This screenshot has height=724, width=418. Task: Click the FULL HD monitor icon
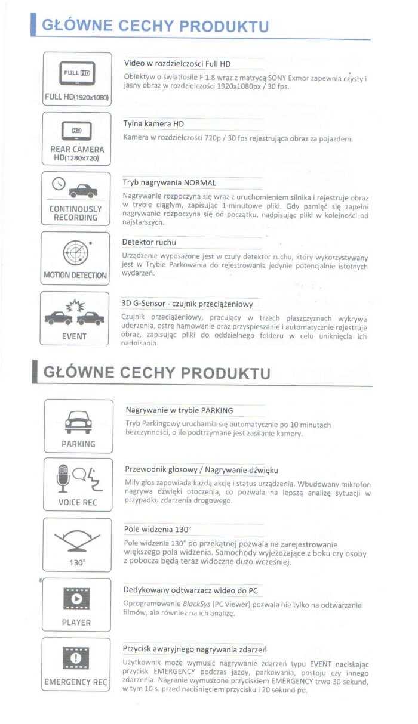[x=76, y=74]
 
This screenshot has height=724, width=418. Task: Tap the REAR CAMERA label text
[x=77, y=149]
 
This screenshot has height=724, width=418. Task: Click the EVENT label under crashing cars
[x=75, y=336]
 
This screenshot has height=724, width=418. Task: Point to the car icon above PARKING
[x=78, y=421]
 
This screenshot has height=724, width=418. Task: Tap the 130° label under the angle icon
[x=78, y=562]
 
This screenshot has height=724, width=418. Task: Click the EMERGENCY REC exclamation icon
[x=76, y=658]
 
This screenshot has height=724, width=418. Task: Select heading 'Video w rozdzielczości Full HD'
[x=177, y=64]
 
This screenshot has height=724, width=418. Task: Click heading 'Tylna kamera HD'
[x=153, y=124]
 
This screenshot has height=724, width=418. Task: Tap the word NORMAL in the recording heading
[x=200, y=182]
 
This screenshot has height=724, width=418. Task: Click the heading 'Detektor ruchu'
[x=149, y=242]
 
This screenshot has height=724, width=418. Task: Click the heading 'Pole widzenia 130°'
[x=158, y=529]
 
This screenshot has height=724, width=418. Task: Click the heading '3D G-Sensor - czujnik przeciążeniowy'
[x=188, y=304]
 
